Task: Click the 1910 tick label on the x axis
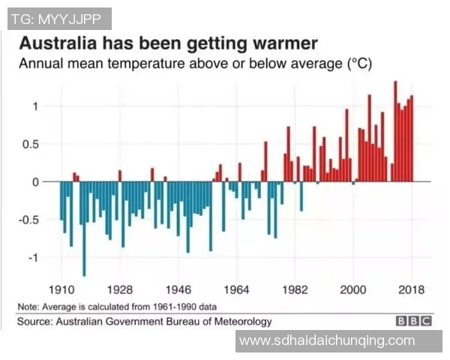61,289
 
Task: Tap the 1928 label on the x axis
119,289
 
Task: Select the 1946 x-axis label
178,289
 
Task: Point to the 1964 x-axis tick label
236,289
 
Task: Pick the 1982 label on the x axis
295,289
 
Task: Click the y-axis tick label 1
34,106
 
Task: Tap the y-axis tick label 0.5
30,144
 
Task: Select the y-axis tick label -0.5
28,220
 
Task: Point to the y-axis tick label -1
32,257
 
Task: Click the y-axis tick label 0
34,181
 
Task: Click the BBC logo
414,322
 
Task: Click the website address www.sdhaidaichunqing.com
326,341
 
